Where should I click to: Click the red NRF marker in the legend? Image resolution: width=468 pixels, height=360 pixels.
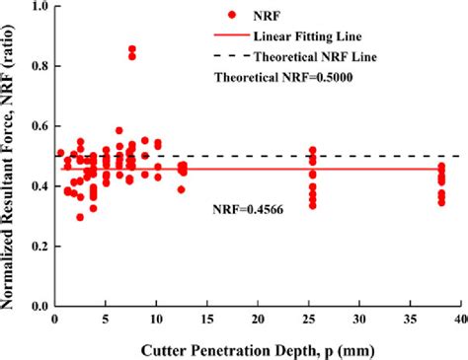pyautogui.click(x=231, y=16)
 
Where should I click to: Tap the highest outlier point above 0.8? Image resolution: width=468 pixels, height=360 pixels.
pyautogui.click(x=132, y=49)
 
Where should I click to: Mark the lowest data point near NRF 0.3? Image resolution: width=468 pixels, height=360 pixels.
pyautogui.click(x=80, y=217)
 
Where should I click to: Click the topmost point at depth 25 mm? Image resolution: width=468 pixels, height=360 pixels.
pyautogui.click(x=313, y=151)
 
